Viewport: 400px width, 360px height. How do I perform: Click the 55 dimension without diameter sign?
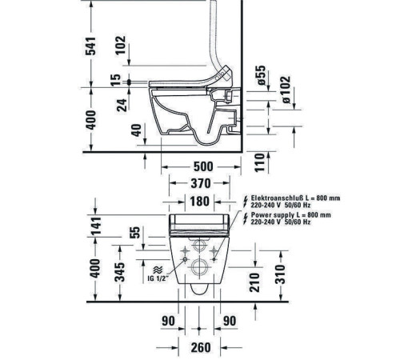click(134, 234)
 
